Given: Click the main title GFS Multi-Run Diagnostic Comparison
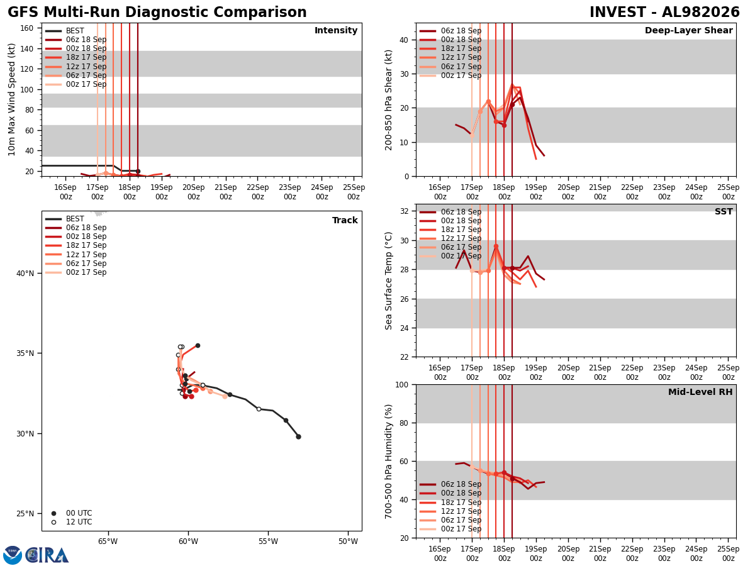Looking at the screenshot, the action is coord(157,12).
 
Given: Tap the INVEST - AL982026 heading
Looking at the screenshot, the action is coord(664,12).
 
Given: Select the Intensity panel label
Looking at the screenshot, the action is coord(336,31).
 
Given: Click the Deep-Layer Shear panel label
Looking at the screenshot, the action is coord(688,30).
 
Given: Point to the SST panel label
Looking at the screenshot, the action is coord(724,211).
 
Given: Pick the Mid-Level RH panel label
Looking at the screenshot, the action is coord(700,392).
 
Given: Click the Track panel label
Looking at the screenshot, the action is coord(345,220).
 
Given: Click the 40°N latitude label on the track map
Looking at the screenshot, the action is coord(25,274).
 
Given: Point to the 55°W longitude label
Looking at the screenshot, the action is coord(268,541).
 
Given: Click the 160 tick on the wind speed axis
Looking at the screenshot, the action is coord(27,28).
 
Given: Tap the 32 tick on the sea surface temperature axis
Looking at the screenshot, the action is coord(405,211).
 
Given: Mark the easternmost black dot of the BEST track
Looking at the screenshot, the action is coord(299,437).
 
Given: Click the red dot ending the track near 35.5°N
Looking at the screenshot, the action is coord(198,346).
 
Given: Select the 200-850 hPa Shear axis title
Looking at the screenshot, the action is coord(388,100).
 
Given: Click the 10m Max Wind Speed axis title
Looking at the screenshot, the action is coord(11,99).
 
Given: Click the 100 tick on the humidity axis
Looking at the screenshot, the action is coord(402,385).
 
